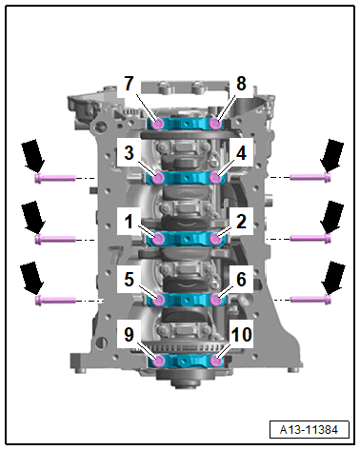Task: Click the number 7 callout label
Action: click(x=129, y=84)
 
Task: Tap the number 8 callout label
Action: click(x=241, y=84)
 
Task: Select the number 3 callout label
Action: click(x=129, y=153)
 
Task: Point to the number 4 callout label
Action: click(x=241, y=153)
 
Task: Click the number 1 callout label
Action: click(x=129, y=221)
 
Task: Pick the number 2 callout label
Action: click(x=241, y=221)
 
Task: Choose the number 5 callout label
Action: click(x=129, y=279)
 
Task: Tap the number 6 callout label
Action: click(x=241, y=279)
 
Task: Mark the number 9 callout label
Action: click(x=129, y=335)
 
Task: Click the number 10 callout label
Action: click(x=242, y=335)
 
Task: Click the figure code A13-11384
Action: click(x=309, y=430)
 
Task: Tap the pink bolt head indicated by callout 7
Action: click(x=157, y=124)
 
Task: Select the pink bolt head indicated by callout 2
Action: click(x=216, y=239)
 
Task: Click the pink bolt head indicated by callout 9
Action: click(x=158, y=361)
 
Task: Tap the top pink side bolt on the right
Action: click(x=310, y=177)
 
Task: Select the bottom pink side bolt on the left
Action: click(x=55, y=300)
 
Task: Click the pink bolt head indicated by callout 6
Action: click(x=216, y=300)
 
